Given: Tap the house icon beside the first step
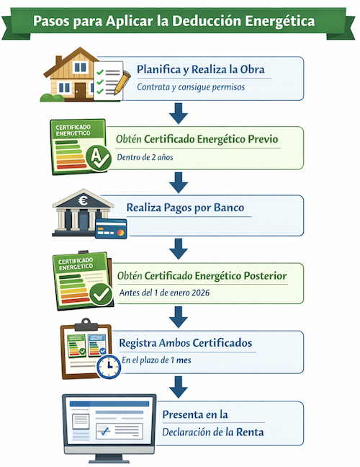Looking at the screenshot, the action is click(x=70, y=74).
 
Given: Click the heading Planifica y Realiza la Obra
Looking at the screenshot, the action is click(x=201, y=69).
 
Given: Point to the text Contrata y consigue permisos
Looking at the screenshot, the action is click(x=191, y=87).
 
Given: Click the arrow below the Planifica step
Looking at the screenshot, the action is click(x=179, y=113).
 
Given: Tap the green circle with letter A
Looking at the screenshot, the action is click(x=99, y=158).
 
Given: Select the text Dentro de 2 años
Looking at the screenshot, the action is click(x=145, y=157).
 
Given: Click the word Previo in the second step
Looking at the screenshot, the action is click(x=263, y=139).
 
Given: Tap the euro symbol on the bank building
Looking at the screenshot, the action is click(x=83, y=201).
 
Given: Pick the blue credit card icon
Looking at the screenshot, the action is click(x=111, y=228).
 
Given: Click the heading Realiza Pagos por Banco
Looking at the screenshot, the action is click(x=185, y=208).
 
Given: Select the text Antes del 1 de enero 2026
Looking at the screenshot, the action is click(x=164, y=293).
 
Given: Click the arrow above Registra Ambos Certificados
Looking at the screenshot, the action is click(x=179, y=317).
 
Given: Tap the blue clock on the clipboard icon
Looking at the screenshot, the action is click(x=109, y=367).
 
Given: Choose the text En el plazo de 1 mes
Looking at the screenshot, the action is click(x=156, y=360).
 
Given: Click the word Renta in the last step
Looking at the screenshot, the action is click(x=250, y=432).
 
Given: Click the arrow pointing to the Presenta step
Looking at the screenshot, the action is click(x=179, y=387).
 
